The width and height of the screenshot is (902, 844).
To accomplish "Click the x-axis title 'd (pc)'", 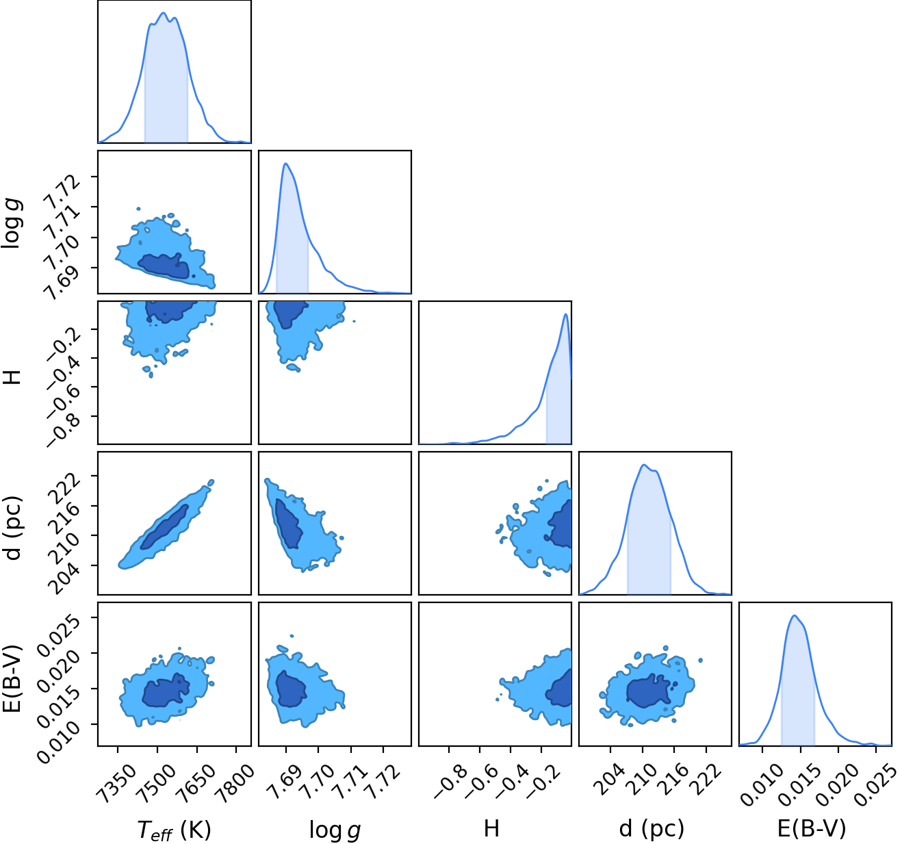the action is tap(652, 828).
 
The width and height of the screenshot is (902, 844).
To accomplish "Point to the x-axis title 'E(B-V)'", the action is tap(812, 828).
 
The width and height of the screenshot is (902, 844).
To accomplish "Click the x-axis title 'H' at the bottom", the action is tap(491, 828).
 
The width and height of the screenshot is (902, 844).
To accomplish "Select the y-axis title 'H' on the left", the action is tap(12, 376).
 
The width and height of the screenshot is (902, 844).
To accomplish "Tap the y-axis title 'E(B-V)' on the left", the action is tap(12, 678).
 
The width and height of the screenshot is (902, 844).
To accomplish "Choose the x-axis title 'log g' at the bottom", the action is tap(335, 830).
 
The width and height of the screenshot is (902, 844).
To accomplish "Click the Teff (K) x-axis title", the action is tap(174, 830).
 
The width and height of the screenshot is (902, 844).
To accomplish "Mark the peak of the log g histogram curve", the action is tap(285, 163).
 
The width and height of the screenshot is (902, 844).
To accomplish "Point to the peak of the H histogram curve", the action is tap(565, 314).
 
